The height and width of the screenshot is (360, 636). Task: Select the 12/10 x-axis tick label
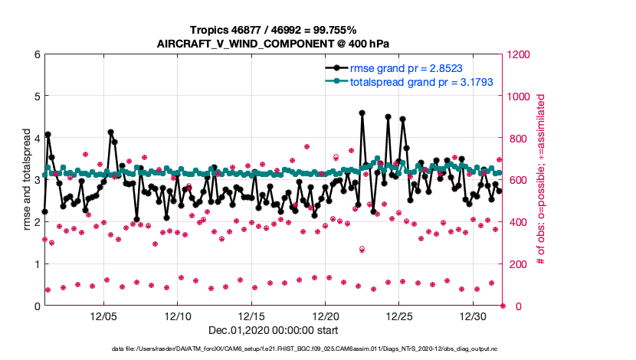(178, 316)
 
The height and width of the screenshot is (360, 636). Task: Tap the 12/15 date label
(252, 316)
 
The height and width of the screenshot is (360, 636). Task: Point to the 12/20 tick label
(326, 316)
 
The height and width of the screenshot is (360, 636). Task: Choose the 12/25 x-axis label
(400, 316)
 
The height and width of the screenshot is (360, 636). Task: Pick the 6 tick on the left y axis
(36, 54)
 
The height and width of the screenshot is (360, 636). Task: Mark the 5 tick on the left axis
(36, 97)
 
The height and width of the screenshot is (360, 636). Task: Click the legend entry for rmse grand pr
(406, 67)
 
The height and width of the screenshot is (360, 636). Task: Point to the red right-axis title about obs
(540, 180)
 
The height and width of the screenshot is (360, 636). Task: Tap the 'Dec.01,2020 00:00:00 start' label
(273, 331)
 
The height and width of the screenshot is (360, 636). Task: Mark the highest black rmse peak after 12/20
(362, 113)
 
